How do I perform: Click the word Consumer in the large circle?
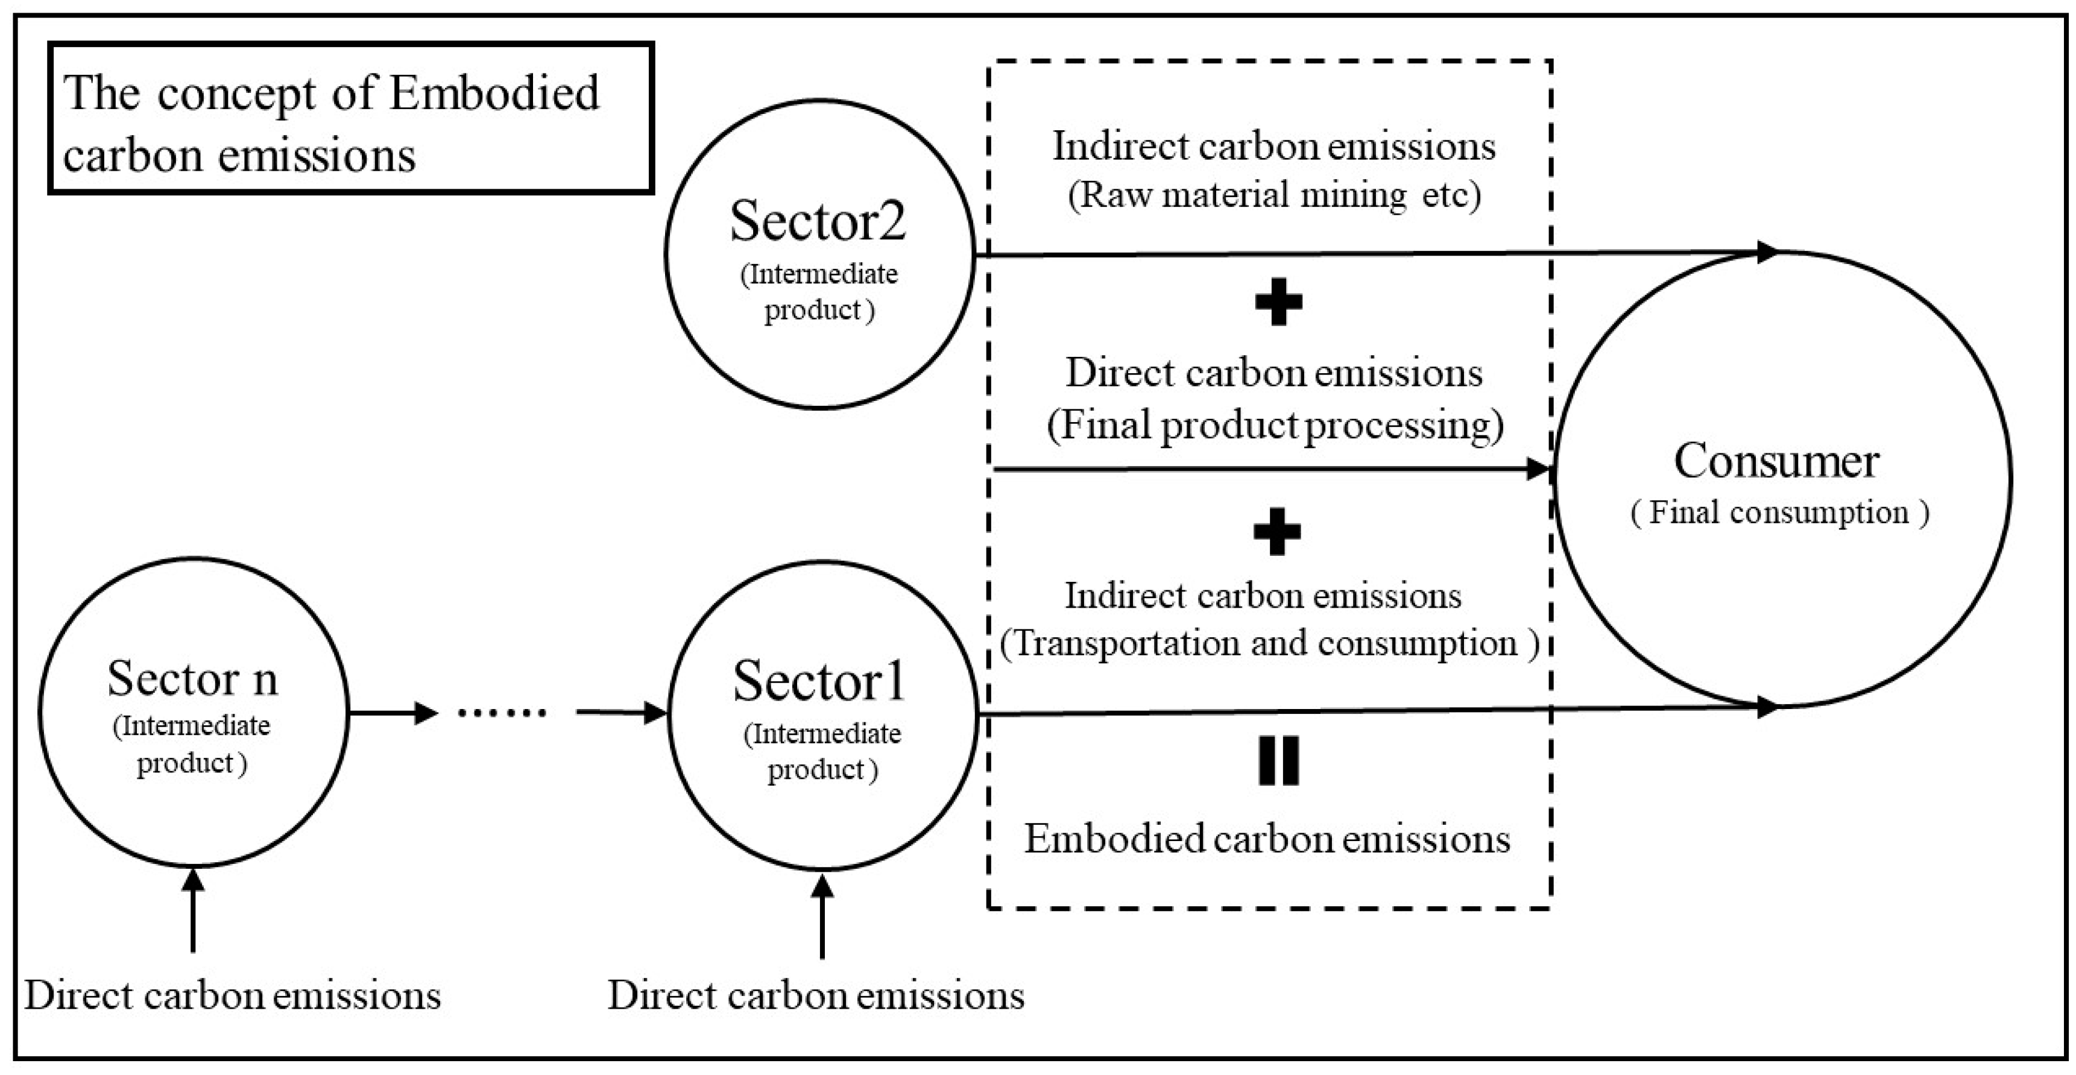coord(1776,461)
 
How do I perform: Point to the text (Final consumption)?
coord(1779,512)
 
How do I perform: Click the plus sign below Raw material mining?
coord(1278,302)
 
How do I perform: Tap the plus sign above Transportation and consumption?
coord(1276,532)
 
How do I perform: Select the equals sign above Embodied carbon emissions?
coord(1278,761)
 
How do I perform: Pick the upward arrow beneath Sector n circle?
coord(192,910)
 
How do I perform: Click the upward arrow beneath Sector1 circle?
coord(822,915)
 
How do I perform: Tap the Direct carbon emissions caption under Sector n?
coord(232,996)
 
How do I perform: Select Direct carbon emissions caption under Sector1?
coord(816,996)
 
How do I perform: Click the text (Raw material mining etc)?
coord(1274,195)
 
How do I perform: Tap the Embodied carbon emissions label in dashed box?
coord(1267,839)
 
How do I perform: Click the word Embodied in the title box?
coord(494,93)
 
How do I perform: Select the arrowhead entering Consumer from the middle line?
coord(1539,469)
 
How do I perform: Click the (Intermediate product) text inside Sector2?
coord(819,292)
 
